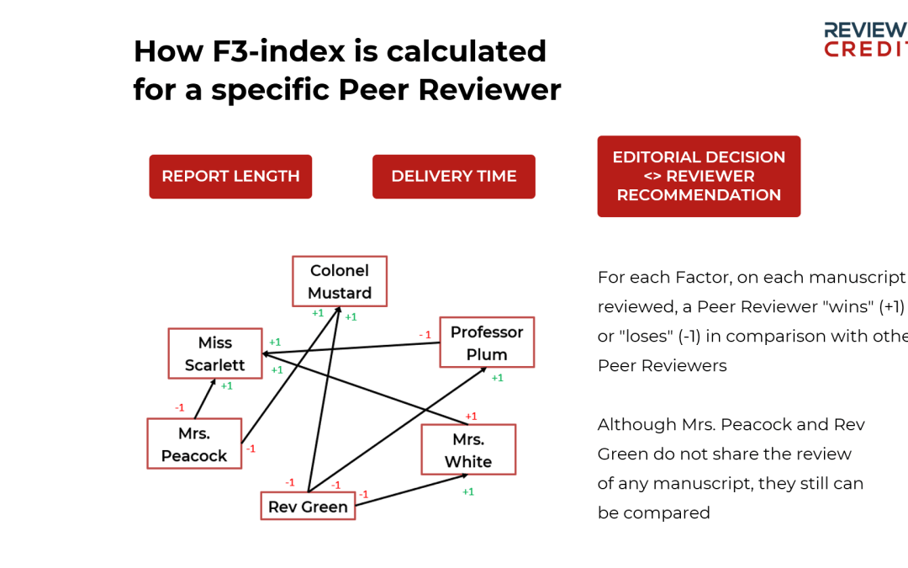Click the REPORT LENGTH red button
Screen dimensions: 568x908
click(x=230, y=177)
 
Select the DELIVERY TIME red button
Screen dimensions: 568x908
click(x=454, y=177)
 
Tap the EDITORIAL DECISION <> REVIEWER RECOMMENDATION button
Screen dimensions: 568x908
click(x=699, y=177)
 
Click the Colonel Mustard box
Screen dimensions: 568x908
click(x=340, y=282)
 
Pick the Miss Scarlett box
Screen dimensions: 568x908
click(x=215, y=353)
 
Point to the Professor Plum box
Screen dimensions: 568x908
click(x=487, y=342)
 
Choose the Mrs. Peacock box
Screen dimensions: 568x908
click(x=194, y=443)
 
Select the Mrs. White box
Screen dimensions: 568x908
click(x=468, y=450)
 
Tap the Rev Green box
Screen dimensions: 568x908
click(x=308, y=507)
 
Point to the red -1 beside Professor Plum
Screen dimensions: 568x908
click(x=425, y=335)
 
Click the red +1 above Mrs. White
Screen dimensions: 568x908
click(x=471, y=416)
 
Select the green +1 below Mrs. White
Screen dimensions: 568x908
click(x=468, y=491)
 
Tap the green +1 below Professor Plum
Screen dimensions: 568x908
click(x=497, y=378)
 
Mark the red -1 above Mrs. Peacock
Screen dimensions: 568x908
click(x=179, y=407)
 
